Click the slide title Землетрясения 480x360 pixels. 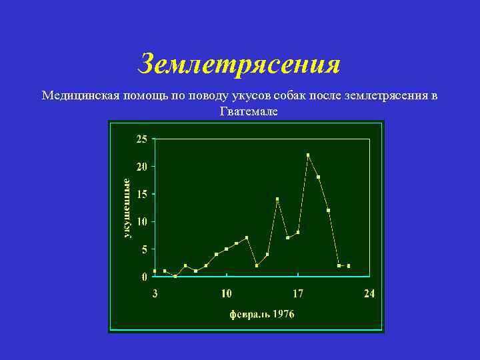pos(239,64)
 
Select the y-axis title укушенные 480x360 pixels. pos(127,207)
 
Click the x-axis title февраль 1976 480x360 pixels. pos(262,313)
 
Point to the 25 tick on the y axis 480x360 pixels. pos(142,139)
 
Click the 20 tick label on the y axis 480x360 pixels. pos(142,166)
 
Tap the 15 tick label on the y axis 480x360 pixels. pos(142,194)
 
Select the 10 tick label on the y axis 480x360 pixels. pos(142,221)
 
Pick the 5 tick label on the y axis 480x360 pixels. pos(145,249)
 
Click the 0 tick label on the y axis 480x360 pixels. pos(145,277)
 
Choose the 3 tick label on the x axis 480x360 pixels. pos(155,293)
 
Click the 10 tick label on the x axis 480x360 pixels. pos(227,293)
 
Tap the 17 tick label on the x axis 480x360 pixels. pos(298,293)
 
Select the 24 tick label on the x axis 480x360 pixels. pos(369,293)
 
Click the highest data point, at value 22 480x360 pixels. pos(308,155)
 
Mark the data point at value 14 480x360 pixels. pos(277,199)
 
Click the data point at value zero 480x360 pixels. pos(175,276)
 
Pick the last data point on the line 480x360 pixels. pos(349,265)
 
